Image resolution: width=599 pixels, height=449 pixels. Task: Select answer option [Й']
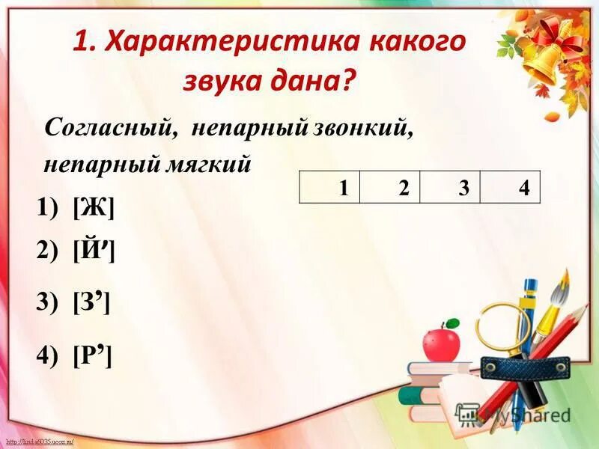point(94,252)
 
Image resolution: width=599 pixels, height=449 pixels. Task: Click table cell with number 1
point(329,187)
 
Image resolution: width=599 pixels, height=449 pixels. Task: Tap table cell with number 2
point(390,187)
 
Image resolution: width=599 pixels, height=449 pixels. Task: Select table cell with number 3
point(450,187)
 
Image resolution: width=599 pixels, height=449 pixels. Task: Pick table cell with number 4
point(510,187)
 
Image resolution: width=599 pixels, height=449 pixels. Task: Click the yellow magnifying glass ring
point(503,325)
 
